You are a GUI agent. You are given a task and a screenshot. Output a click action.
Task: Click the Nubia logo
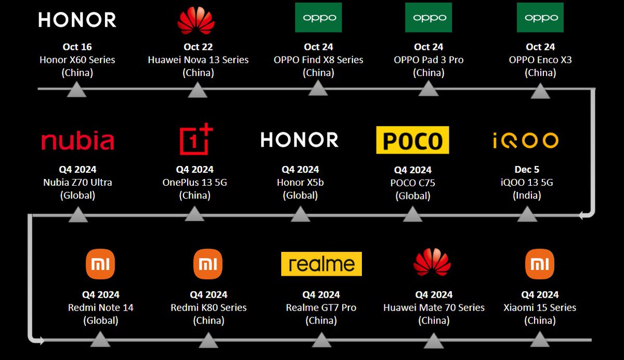pyautogui.click(x=77, y=141)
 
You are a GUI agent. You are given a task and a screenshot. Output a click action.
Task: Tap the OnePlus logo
pyautogui.click(x=196, y=139)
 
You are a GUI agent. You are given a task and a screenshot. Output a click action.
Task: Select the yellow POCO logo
pyautogui.click(x=412, y=140)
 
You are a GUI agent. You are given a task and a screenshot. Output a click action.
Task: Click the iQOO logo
pyautogui.click(x=525, y=140)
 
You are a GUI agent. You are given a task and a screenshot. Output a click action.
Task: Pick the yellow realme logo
pyautogui.click(x=321, y=264)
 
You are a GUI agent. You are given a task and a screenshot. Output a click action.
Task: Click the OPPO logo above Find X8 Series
pyautogui.click(x=319, y=18)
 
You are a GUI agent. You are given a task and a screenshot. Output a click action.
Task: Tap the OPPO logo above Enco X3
pyautogui.click(x=540, y=18)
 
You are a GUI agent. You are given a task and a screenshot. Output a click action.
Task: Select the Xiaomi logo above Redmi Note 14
pyautogui.click(x=100, y=264)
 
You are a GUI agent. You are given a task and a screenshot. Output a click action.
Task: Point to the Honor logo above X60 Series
pyautogui.click(x=77, y=20)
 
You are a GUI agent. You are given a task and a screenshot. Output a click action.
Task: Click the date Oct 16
pyautogui.click(x=77, y=47)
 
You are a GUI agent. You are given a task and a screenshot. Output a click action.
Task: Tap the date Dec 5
pyautogui.click(x=527, y=170)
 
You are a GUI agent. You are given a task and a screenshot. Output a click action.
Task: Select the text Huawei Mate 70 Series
pyautogui.click(x=434, y=307)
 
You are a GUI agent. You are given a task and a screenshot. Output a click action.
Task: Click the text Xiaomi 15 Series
pyautogui.click(x=540, y=307)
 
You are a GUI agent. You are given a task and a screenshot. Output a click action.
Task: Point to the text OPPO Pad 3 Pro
pyautogui.click(x=428, y=60)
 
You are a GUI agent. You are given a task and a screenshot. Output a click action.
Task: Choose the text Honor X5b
pyautogui.click(x=300, y=183)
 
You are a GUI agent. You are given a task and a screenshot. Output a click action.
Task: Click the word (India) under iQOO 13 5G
pyautogui.click(x=527, y=196)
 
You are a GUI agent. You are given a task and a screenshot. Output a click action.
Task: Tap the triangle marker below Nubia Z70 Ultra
pyautogui.click(x=77, y=214)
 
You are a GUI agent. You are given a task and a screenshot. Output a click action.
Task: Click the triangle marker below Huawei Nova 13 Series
pyautogui.click(x=198, y=91)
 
